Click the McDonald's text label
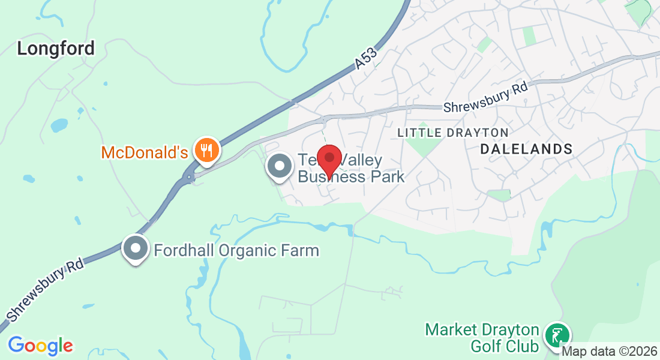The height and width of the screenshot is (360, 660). [x=145, y=152]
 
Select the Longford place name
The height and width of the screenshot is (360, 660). [x=56, y=49]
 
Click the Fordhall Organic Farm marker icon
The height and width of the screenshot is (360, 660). [x=136, y=248]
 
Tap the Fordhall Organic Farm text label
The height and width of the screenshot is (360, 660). [x=236, y=250]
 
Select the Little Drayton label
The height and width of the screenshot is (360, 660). [x=453, y=132]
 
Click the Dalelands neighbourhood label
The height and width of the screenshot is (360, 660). [x=526, y=148]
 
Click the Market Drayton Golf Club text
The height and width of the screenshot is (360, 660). [x=482, y=338]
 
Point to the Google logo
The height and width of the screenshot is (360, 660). [x=40, y=345]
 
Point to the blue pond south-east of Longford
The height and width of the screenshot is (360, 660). [x=59, y=125]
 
